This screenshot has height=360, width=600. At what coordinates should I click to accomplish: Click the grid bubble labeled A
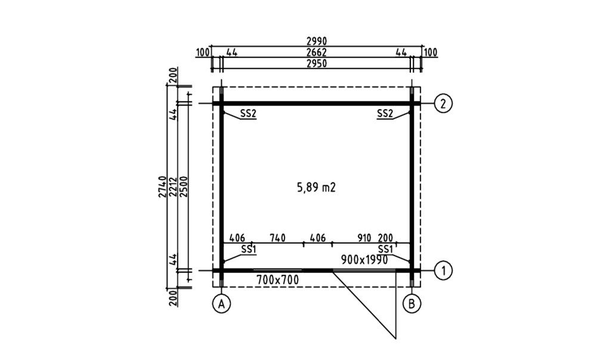pyautogui.click(x=221, y=303)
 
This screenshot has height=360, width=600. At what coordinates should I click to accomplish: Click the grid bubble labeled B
pyautogui.click(x=412, y=303)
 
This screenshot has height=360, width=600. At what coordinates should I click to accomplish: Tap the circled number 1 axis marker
pyautogui.click(x=444, y=271)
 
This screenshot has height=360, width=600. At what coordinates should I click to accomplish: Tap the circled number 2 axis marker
pyautogui.click(x=444, y=103)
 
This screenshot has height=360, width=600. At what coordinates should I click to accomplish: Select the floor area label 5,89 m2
pyautogui.click(x=317, y=188)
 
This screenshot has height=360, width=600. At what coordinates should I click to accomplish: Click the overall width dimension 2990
pyautogui.click(x=317, y=41)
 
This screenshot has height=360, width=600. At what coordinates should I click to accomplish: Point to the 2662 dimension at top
pyautogui.click(x=317, y=52)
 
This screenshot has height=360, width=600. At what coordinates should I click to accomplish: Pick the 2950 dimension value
pyautogui.click(x=317, y=63)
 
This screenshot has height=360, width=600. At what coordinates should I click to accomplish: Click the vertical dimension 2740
pyautogui.click(x=162, y=187)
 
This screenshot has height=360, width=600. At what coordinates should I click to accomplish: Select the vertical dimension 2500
pyautogui.click(x=184, y=187)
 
